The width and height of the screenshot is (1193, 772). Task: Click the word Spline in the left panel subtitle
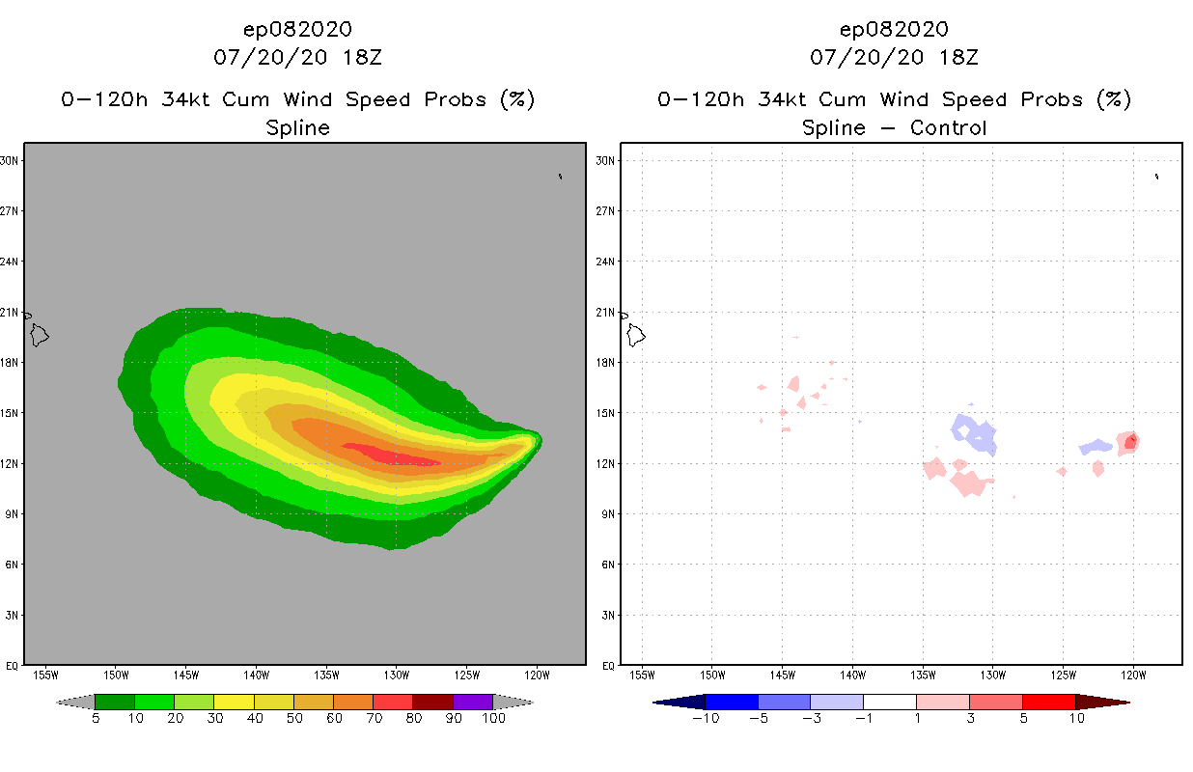pos(297,127)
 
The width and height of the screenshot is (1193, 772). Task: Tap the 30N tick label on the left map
pos(10,160)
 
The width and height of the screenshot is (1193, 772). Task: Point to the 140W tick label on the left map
pos(256,674)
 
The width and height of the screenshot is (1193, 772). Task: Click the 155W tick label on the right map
pos(642,674)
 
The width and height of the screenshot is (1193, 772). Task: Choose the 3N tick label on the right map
pos(605,615)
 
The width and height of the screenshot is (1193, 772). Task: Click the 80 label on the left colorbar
pos(413,718)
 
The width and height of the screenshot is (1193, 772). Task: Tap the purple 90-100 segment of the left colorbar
pos(473,702)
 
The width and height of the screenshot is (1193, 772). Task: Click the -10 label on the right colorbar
pos(704,718)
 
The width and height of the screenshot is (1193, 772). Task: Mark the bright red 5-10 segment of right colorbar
pos(1048,702)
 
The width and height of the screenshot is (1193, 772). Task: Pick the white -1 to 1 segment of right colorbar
pos(889,702)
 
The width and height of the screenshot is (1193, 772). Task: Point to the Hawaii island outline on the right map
pos(636,336)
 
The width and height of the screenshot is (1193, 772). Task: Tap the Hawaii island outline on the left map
pos(40,336)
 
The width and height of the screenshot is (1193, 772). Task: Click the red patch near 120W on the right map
pos(1130,442)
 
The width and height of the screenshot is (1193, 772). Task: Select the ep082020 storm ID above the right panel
pos(894,29)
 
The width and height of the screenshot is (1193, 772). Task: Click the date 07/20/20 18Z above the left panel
pos(297,57)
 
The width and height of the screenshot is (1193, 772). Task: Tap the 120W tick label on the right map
pos(1133,674)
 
